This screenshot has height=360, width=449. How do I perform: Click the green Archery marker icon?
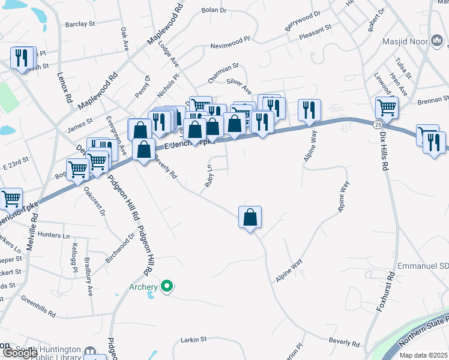168,287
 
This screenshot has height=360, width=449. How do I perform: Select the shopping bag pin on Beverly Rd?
250,217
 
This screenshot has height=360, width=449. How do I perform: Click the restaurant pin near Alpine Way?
309,110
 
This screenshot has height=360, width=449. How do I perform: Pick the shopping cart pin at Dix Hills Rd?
387,108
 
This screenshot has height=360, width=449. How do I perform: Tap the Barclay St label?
80,25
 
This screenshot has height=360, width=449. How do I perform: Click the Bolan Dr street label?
214,10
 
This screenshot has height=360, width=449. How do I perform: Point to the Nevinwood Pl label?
229,46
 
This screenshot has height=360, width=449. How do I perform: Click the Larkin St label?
193,340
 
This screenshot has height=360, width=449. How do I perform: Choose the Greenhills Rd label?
38,306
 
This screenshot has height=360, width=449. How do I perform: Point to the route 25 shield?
376,124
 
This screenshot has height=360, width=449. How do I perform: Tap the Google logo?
19,353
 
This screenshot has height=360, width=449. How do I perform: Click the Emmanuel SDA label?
424,266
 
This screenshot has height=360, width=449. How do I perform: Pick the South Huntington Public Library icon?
90,350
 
